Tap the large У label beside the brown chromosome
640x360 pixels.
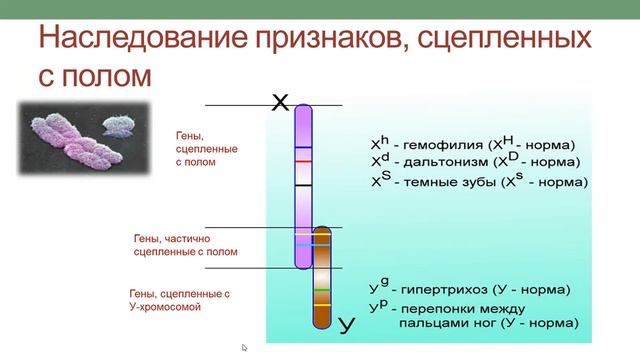pyautogui.click(x=347, y=323)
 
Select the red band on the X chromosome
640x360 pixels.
pyautogui.click(x=303, y=160)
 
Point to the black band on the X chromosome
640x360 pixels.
pyautogui.click(x=303, y=185)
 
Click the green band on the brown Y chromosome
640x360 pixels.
pyautogui.click(x=322, y=290)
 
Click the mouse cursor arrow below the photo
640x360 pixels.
pyautogui.click(x=244, y=348)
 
